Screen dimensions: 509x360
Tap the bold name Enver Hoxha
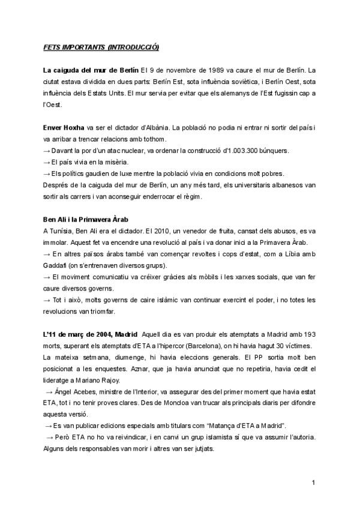(64, 128)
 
